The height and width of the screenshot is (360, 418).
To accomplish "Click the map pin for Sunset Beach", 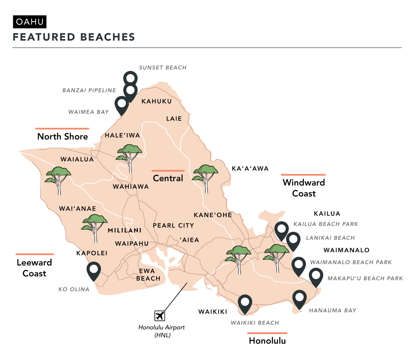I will (x=130, y=78).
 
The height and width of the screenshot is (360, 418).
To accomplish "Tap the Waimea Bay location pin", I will (x=122, y=104).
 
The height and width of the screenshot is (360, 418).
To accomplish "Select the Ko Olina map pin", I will (x=93, y=270).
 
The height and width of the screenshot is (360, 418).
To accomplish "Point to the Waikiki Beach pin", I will (x=245, y=303).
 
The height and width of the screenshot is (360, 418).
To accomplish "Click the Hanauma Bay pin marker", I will (x=299, y=298).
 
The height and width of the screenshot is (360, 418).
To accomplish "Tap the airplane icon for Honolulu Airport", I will (x=160, y=316).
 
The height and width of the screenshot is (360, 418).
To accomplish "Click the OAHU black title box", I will (x=30, y=22).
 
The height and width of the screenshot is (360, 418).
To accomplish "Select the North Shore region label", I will (x=63, y=136).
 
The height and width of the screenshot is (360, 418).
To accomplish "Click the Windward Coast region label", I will (x=304, y=188).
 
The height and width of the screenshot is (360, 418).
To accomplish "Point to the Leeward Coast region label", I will (x=34, y=268).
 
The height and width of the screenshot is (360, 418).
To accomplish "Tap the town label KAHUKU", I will (x=156, y=101).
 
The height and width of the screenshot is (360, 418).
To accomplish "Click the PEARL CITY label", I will (x=173, y=226).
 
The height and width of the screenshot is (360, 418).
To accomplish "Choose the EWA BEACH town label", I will (x=148, y=275).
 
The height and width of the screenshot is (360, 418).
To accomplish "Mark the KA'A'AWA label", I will (x=250, y=169).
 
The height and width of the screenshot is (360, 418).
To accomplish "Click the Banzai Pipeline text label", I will (x=89, y=90).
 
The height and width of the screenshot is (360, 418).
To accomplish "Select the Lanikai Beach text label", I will (x=330, y=238).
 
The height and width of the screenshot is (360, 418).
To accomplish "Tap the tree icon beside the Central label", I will (x=206, y=177).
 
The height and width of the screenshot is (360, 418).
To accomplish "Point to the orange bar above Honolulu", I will (x=267, y=333).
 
